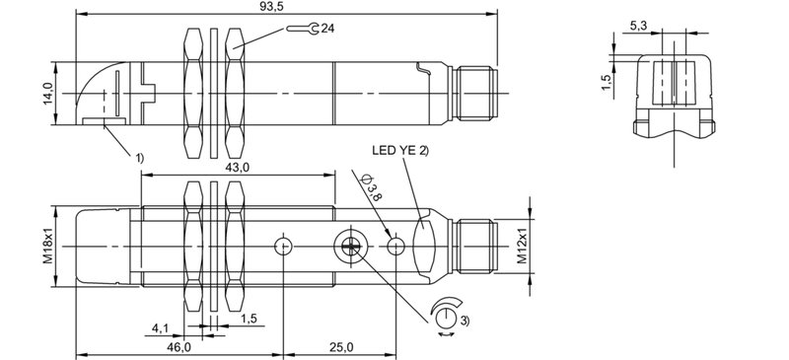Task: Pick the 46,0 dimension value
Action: pos(179,347)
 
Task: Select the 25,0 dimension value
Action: pos(341,347)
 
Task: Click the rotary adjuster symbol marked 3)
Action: pos(446,318)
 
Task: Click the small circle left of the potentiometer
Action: pos(284,246)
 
